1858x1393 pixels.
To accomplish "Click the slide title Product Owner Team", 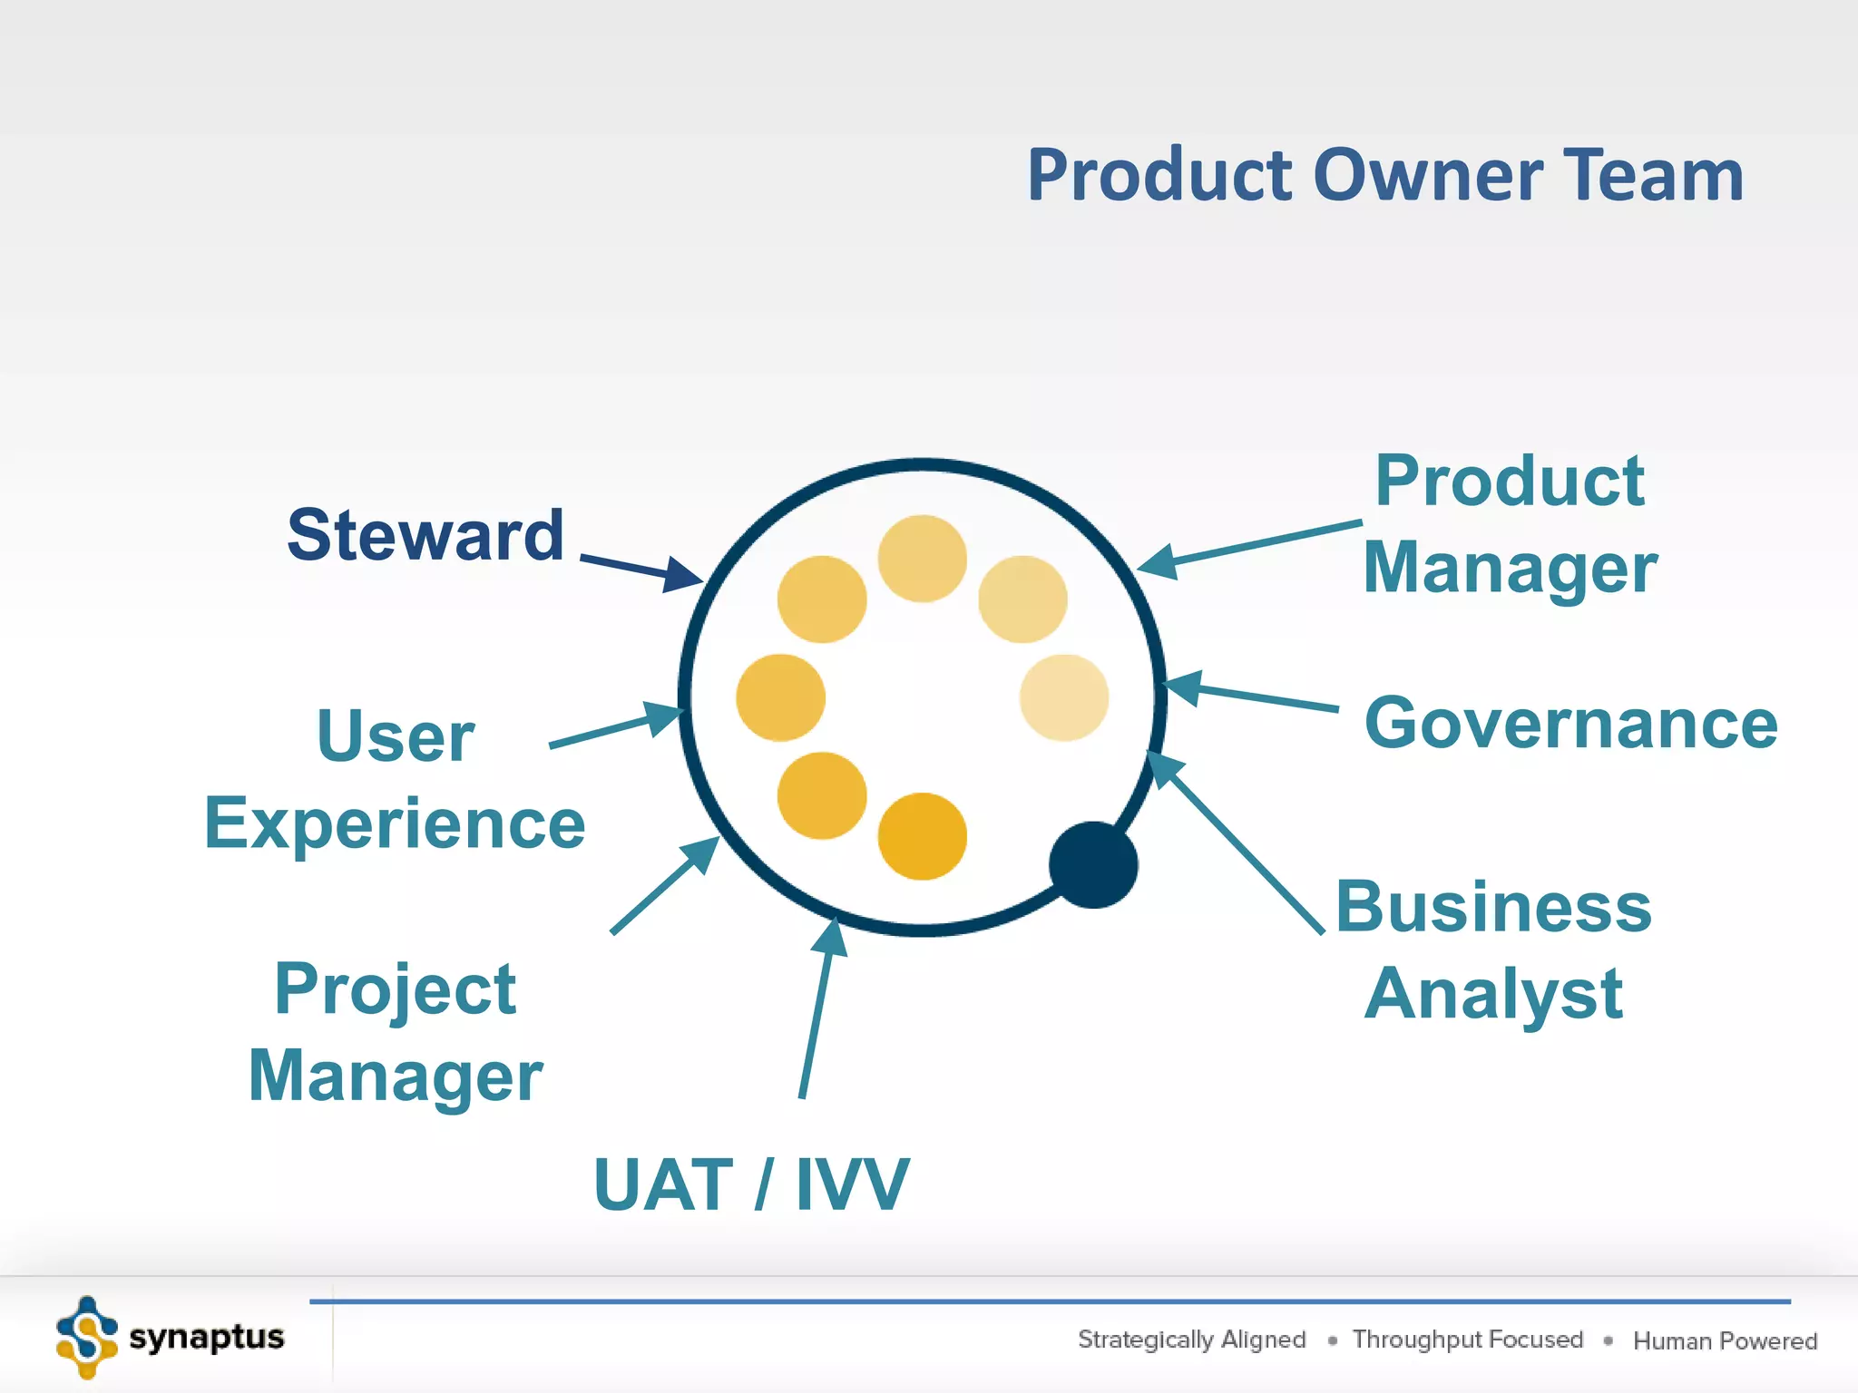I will point(1384,175).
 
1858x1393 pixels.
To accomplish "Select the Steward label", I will point(425,535).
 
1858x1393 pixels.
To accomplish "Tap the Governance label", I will point(1570,724).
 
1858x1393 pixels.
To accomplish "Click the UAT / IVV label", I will point(751,1184).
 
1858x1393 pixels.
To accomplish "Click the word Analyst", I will point(1493,994).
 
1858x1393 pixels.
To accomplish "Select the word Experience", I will point(395,823).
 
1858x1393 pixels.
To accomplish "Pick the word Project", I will point(395,989).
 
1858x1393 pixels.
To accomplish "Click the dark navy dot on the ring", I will point(1093,864).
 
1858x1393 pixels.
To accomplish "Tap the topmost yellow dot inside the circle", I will point(922,559).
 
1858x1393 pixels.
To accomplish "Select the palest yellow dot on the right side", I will point(1063,697).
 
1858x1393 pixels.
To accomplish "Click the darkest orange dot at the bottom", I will point(922,836).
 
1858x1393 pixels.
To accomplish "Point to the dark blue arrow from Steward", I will point(641,570).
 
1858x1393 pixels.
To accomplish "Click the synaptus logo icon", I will point(86,1337).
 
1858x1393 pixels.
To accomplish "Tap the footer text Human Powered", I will point(1725,1340).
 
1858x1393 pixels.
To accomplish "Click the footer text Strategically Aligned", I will point(1191,1339).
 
